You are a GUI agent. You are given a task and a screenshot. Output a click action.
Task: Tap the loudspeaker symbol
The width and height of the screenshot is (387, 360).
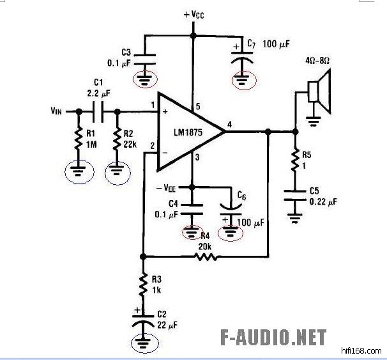pos(319,91)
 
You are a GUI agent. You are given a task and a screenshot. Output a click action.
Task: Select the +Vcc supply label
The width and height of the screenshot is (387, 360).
pos(193,14)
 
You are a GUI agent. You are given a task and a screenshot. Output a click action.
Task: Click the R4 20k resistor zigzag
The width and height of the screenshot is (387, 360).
pos(206,257)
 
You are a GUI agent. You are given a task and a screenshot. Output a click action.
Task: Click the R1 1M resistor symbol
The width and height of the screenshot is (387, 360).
pos(79,139)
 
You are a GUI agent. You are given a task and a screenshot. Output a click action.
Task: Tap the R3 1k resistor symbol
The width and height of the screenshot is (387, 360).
pos(142,285)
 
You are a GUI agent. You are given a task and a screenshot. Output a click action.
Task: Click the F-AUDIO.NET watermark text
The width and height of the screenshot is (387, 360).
pos(273,338)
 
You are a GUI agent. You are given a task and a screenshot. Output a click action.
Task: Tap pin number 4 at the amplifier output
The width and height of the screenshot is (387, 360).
pos(229,123)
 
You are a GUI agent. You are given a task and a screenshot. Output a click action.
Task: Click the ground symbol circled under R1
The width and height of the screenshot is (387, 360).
pos(79,171)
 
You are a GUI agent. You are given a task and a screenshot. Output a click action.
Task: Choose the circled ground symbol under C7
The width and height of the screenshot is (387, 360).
pos(242,80)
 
